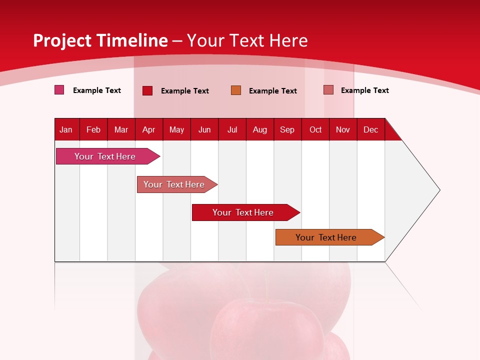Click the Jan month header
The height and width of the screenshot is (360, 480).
[66, 129]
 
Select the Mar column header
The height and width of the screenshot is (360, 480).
[121, 129]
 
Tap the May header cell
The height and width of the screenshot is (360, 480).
[176, 129]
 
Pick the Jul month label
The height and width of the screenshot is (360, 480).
[232, 129]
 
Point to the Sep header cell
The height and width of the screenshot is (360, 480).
[287, 129]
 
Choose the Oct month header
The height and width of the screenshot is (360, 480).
[315, 129]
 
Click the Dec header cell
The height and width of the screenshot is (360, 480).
[370, 129]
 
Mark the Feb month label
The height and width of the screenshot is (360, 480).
[93, 129]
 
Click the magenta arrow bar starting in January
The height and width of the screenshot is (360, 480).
[105, 156]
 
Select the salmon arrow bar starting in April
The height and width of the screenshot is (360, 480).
[174, 184]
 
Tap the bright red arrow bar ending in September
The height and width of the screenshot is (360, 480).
[243, 212]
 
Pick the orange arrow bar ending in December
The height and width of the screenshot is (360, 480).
[326, 237]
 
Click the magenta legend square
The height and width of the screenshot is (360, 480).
[59, 90]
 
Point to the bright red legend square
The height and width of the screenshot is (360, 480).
[147, 90]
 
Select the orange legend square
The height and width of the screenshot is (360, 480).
[236, 90]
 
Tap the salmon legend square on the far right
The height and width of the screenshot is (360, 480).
[328, 90]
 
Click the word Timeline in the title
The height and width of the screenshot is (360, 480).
[131, 40]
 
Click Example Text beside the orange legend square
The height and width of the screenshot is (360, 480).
[272, 91]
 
